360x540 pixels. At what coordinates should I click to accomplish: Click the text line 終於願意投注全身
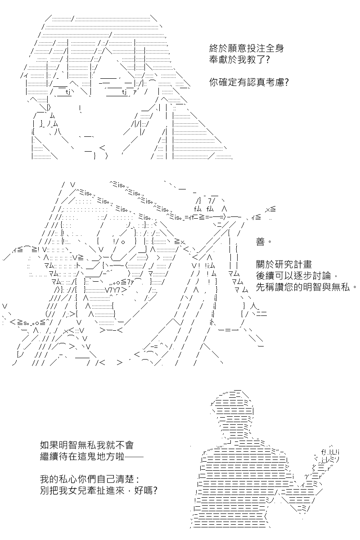click(x=247, y=49)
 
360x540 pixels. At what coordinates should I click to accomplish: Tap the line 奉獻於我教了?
click(x=239, y=59)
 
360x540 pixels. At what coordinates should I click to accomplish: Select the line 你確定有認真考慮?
click(x=248, y=82)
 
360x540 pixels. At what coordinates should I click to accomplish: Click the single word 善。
click(x=264, y=242)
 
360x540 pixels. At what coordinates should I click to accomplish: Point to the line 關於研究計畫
click(x=284, y=265)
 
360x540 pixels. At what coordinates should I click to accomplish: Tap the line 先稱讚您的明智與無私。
click(x=306, y=287)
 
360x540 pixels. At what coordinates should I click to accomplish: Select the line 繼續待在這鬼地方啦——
click(x=92, y=456)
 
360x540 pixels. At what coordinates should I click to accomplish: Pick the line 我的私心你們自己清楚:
click(x=90, y=479)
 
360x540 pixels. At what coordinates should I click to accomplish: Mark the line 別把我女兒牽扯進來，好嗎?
click(x=99, y=490)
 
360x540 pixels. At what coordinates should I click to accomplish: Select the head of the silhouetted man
click(x=232, y=414)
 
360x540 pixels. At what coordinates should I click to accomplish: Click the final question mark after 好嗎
click(x=155, y=490)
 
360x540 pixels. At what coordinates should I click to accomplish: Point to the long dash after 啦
click(x=134, y=457)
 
